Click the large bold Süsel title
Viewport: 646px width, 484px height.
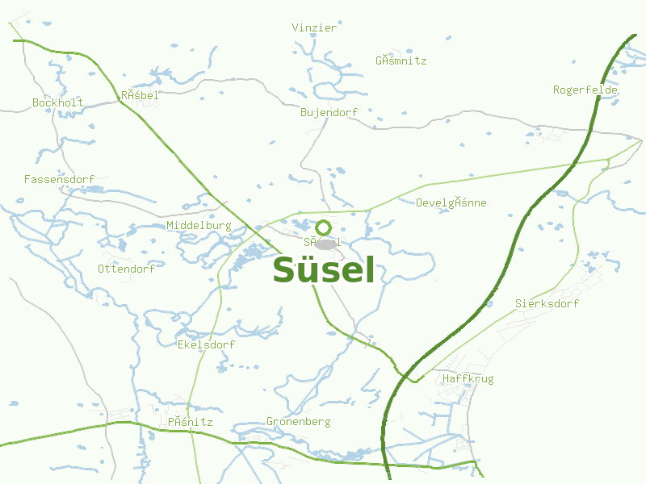324,270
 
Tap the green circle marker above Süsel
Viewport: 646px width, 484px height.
324,227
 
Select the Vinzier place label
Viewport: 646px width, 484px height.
314,27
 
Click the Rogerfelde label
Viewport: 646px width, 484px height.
585,90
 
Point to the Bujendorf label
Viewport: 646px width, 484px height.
329,112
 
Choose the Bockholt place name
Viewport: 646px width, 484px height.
58,102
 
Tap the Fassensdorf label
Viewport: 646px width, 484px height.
60,179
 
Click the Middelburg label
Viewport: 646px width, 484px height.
199,226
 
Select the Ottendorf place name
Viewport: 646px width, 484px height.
126,269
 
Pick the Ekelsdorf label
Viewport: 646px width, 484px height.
206,344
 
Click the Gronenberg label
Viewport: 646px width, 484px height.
299,422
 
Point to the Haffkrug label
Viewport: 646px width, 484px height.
468,378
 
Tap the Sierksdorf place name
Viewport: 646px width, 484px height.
547,304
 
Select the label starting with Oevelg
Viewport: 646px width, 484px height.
451,202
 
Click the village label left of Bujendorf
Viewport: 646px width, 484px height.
140,95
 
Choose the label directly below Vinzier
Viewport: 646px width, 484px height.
401,60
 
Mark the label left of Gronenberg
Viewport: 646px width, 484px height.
191,422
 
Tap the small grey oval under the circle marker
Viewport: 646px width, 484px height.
325,244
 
